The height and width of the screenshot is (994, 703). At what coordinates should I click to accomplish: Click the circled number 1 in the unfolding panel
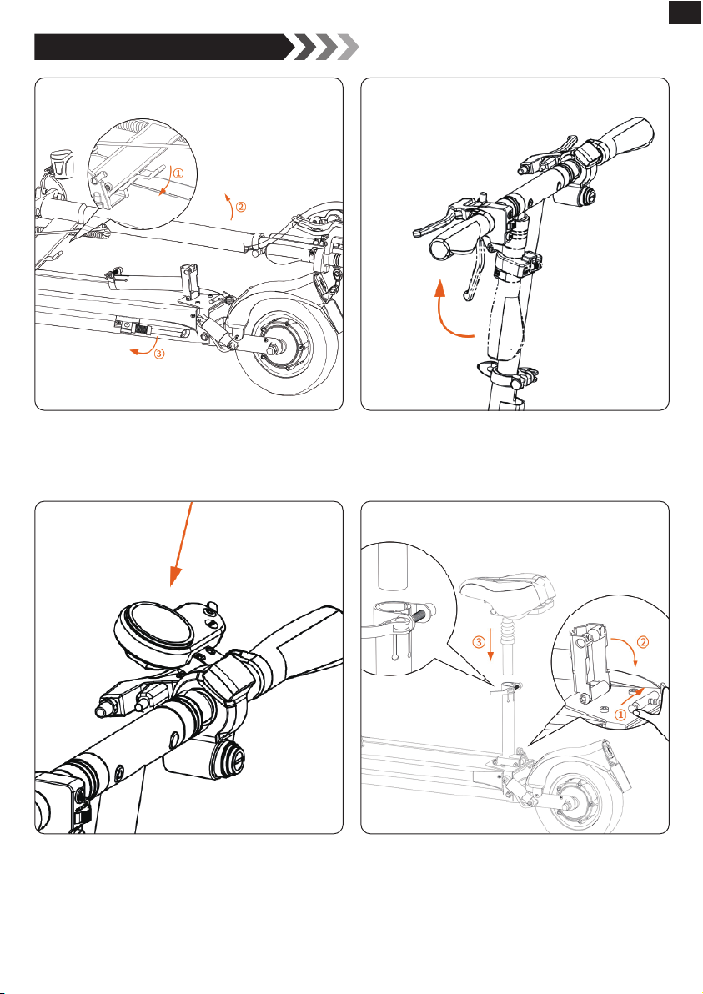pyautogui.click(x=178, y=172)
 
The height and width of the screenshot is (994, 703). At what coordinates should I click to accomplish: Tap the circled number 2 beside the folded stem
pyautogui.click(x=241, y=206)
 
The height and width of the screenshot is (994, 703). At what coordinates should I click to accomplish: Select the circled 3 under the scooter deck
pyautogui.click(x=159, y=354)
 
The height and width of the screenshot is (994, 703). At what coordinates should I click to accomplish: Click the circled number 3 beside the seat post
pyautogui.click(x=479, y=642)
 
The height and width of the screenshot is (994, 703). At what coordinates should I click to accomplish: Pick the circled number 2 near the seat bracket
pyautogui.click(x=642, y=642)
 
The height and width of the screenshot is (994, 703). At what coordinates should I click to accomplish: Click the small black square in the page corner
pyautogui.click(x=685, y=12)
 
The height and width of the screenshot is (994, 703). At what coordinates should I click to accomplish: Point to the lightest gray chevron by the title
pyautogui.click(x=348, y=48)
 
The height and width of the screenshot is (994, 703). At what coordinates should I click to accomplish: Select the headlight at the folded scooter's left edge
pyautogui.click(x=62, y=163)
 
